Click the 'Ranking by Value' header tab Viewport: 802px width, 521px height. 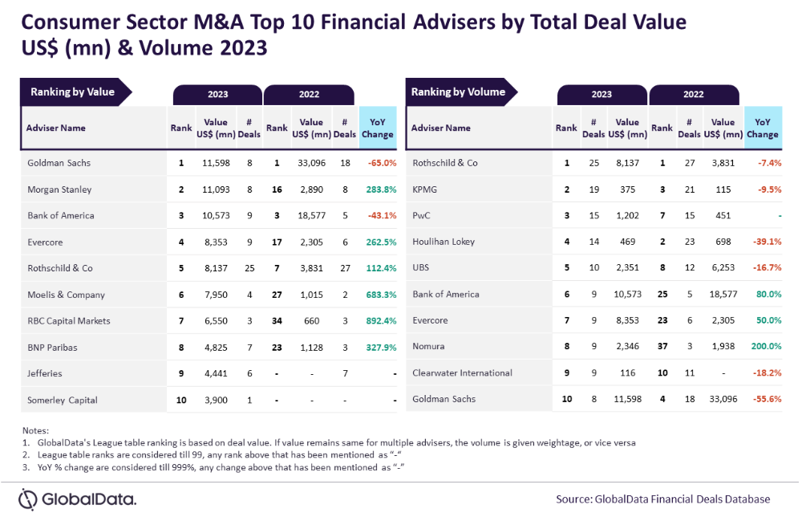[72, 92]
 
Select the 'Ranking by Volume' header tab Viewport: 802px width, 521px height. [458, 92]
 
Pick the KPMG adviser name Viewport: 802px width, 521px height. [424, 189]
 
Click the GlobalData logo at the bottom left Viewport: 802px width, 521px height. [78, 499]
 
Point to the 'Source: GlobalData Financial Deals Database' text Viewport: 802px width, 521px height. [662, 499]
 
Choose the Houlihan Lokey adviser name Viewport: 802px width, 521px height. [444, 242]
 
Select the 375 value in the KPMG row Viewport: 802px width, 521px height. [627, 189]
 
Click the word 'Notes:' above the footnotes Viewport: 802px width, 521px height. [36, 431]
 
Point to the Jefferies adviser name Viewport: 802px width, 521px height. [44, 373]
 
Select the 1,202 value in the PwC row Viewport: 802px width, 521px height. [627, 215]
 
